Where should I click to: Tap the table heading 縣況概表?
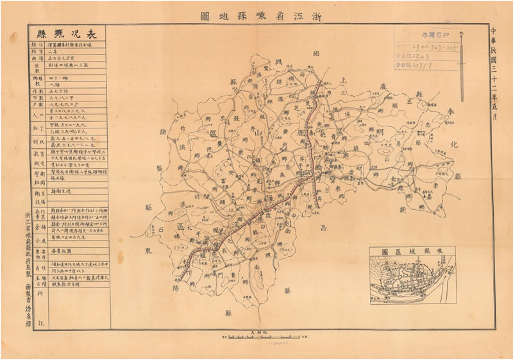pos(65,34)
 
